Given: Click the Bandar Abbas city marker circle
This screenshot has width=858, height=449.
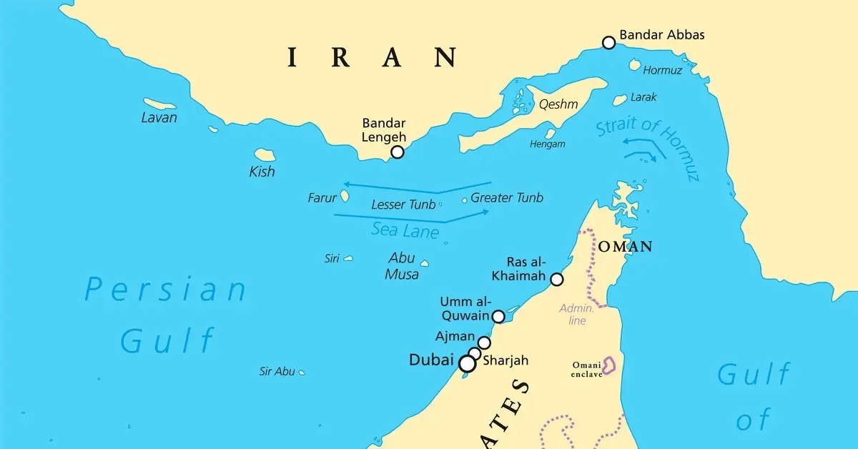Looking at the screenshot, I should tap(608, 43).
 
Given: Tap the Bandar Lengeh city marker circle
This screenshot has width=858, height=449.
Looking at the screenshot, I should tap(398, 152).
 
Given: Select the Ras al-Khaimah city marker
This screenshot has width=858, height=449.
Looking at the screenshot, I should tap(557, 280).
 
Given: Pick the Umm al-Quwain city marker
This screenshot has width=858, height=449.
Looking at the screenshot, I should tap(499, 316).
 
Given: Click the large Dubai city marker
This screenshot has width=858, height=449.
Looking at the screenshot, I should tap(467, 364).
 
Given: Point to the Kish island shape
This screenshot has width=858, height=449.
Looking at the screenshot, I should tap(265, 154).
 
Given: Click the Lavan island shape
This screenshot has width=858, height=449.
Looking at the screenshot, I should tap(159, 104).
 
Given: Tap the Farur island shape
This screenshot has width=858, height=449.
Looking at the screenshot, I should tap(345, 195).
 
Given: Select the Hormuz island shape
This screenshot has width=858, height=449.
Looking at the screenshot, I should tap(635, 64).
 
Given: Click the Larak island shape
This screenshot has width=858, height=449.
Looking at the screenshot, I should tap(620, 100).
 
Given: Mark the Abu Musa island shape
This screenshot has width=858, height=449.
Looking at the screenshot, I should tap(424, 263).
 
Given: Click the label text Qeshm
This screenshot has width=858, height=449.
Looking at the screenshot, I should tap(558, 104).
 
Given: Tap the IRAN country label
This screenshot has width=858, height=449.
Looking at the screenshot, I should tap(372, 56).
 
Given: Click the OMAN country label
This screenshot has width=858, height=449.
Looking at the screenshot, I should tap(626, 247).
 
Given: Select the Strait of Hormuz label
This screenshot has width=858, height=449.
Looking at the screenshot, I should tap(647, 147).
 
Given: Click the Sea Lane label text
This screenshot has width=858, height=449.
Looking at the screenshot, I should tap(405, 230).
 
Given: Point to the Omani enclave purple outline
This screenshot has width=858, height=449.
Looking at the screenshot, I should tap(609, 365).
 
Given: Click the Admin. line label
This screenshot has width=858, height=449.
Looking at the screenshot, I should tap(576, 315).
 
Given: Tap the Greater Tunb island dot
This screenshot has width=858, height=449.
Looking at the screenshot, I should tap(465, 200).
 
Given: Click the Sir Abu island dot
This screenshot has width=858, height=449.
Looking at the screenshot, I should tap(302, 372).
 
